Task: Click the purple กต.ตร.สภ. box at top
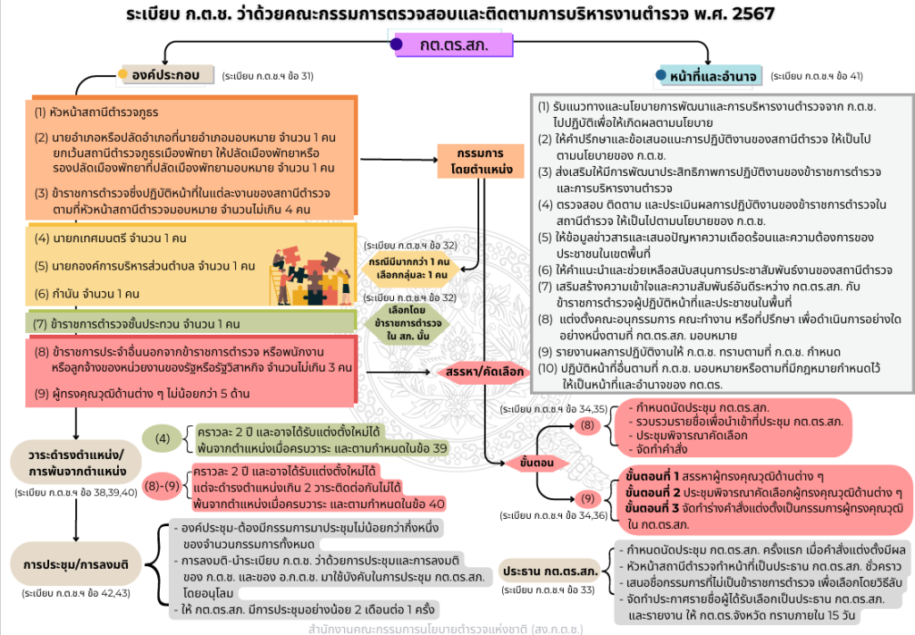(454, 45)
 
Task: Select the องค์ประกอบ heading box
(167, 75)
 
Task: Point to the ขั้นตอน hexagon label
(539, 465)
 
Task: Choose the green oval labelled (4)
(163, 439)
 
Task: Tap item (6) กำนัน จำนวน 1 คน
(88, 293)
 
